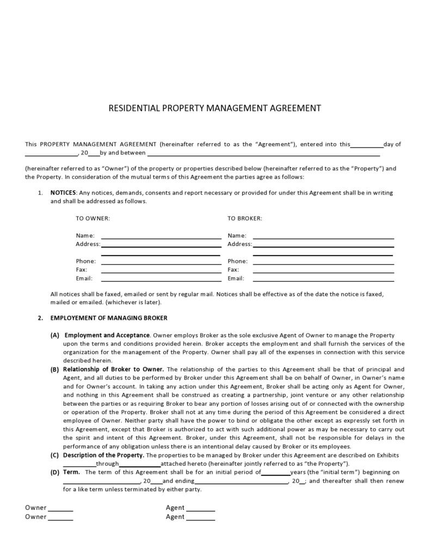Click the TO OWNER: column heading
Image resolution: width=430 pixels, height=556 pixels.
tap(93, 218)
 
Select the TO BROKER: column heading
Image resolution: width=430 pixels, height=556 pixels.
tap(244, 218)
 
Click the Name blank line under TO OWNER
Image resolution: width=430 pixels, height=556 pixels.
tap(161, 238)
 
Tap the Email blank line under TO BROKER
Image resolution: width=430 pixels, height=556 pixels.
tap(323, 281)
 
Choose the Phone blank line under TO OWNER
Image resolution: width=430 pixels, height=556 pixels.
tap(161, 263)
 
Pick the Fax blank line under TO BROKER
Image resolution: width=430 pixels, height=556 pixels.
tap(323, 272)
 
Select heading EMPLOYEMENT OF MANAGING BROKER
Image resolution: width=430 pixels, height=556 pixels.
tap(109, 318)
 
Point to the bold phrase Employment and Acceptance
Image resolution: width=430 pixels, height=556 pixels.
tap(107, 335)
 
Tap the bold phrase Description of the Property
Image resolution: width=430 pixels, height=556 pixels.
tap(103, 455)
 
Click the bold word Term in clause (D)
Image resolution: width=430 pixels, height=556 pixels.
tap(71, 472)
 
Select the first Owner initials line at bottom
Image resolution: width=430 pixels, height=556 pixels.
tap(61, 510)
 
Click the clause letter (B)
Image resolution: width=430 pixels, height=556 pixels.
tap(55, 369)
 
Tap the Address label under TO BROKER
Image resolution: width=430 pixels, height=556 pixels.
tap(239, 244)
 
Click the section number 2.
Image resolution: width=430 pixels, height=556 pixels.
tap(40, 318)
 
